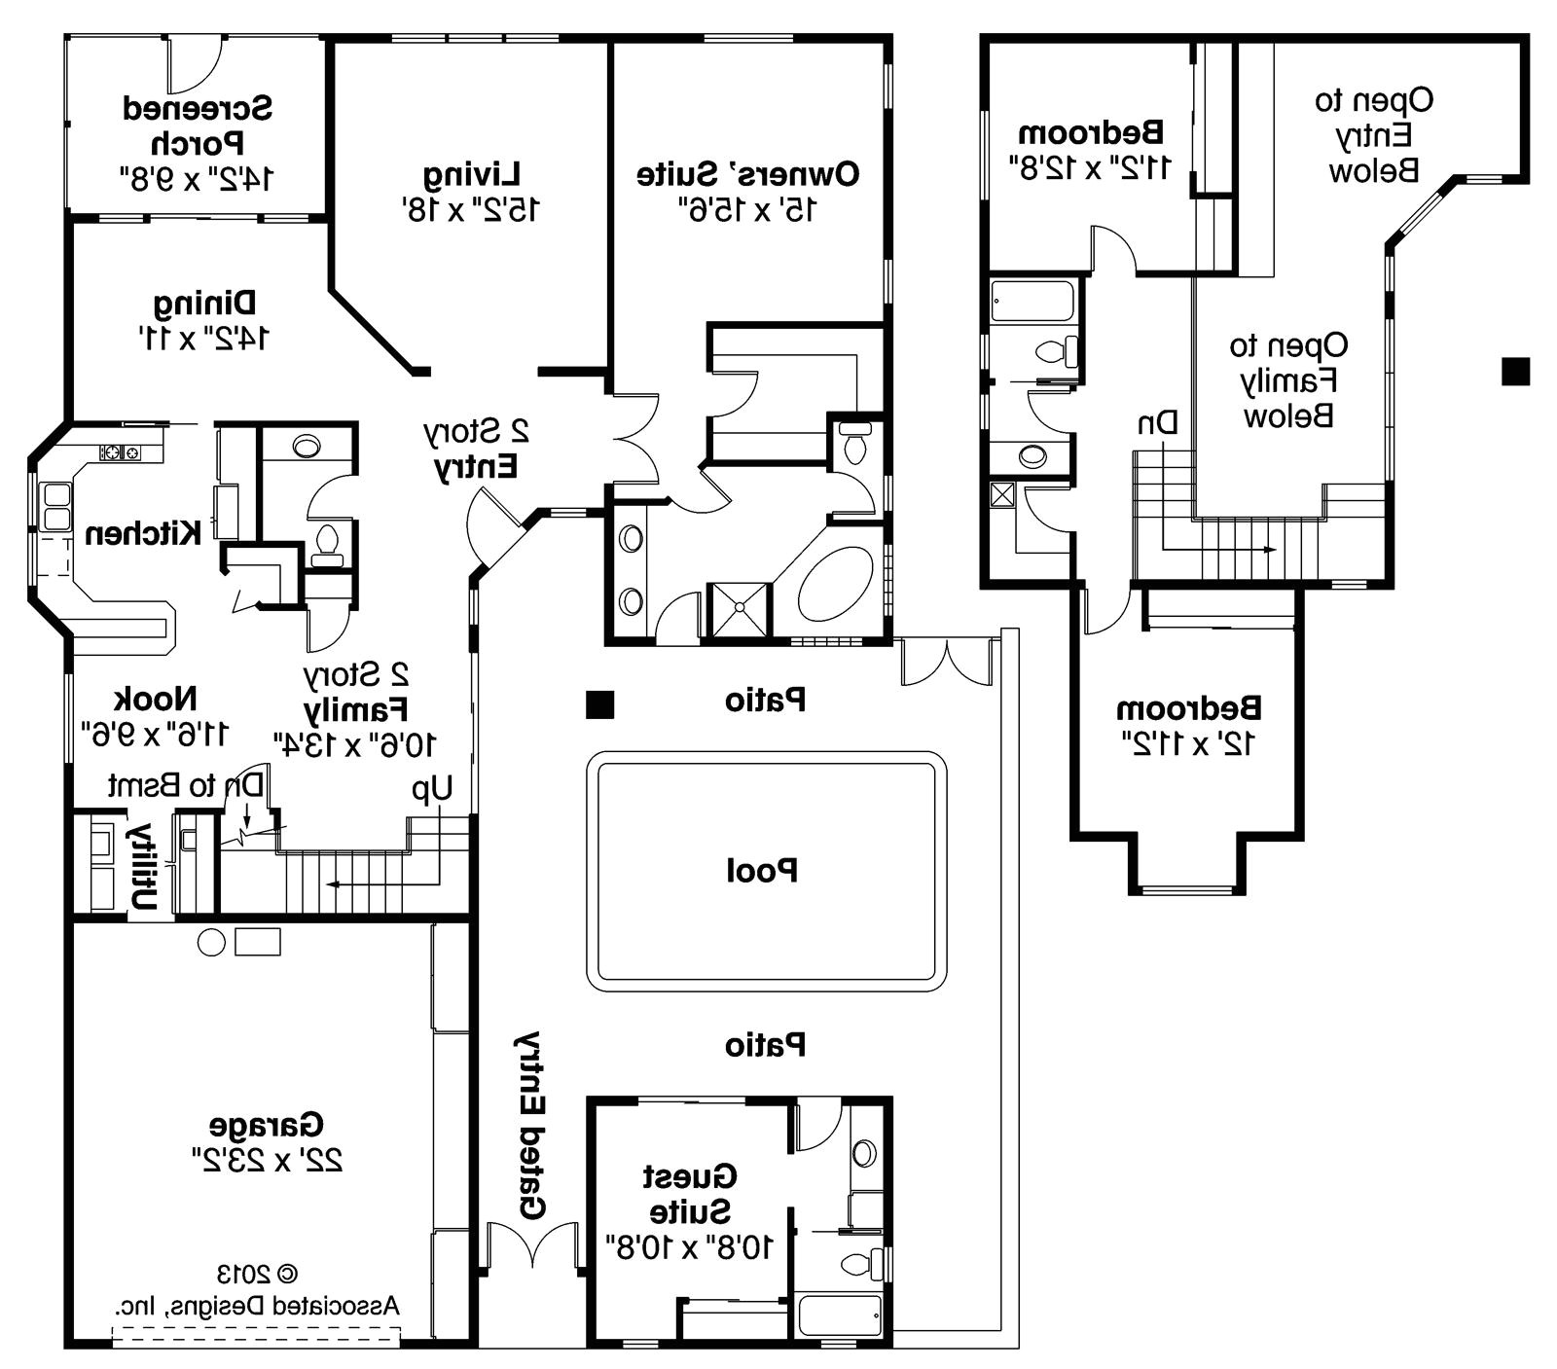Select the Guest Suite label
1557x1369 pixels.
click(x=690, y=1194)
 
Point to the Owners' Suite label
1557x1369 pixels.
click(x=747, y=175)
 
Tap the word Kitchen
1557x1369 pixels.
click(x=144, y=533)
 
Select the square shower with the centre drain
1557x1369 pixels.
click(x=738, y=610)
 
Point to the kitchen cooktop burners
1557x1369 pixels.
click(x=120, y=452)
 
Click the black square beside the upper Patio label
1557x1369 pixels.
click(x=599, y=704)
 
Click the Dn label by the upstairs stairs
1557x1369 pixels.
click(x=1158, y=423)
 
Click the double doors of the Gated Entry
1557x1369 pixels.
click(x=532, y=1246)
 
